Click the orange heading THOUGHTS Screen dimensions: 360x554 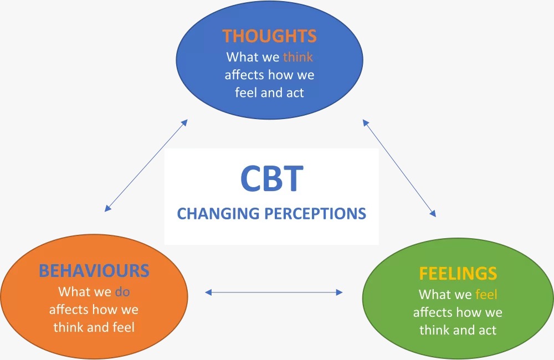269,37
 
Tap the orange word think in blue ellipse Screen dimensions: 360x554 298,56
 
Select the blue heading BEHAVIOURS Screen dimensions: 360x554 94,270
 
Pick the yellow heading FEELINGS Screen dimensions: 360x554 458,274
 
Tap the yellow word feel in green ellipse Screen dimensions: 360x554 486,294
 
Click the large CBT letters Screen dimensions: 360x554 271,178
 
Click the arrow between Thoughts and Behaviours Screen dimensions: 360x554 146,165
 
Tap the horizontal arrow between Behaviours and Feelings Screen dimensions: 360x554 274,291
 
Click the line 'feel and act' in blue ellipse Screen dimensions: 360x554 269,92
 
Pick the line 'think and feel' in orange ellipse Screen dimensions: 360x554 94,327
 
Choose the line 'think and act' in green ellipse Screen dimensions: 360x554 458,330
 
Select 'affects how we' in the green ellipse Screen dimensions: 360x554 458,312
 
